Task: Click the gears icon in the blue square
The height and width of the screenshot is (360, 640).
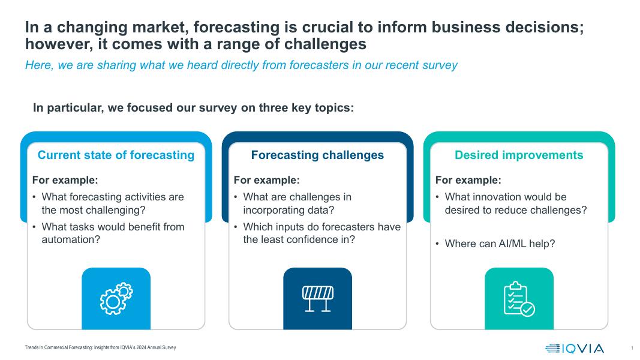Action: (116, 299)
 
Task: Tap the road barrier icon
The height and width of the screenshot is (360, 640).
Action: (317, 299)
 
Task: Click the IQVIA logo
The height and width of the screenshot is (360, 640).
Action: (574, 348)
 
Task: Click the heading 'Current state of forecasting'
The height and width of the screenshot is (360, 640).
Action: (116, 155)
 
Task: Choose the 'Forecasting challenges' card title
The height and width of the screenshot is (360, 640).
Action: (317, 155)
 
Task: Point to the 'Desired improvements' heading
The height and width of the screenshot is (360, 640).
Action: (519, 155)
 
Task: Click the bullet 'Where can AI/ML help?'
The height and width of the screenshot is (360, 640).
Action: (500, 244)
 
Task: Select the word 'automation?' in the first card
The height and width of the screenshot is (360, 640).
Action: (71, 239)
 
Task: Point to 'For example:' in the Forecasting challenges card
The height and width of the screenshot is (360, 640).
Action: (266, 180)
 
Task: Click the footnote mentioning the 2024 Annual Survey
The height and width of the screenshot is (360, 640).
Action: (100, 348)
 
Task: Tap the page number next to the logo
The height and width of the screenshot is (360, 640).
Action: (632, 348)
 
